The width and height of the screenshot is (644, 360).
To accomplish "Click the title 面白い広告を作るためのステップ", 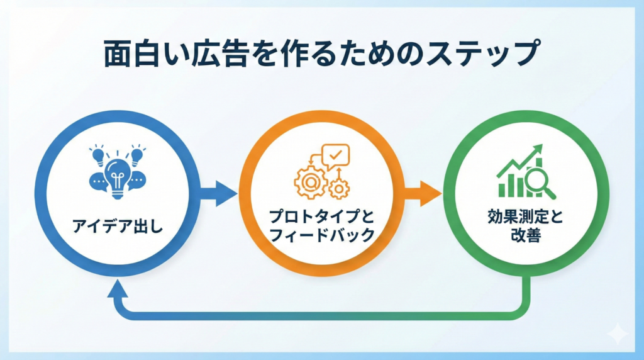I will (321, 54).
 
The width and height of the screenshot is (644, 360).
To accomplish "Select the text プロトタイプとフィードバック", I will (321, 226).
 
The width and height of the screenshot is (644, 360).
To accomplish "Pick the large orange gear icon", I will (310, 179).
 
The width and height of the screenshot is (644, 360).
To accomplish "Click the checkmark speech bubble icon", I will (335, 155).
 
